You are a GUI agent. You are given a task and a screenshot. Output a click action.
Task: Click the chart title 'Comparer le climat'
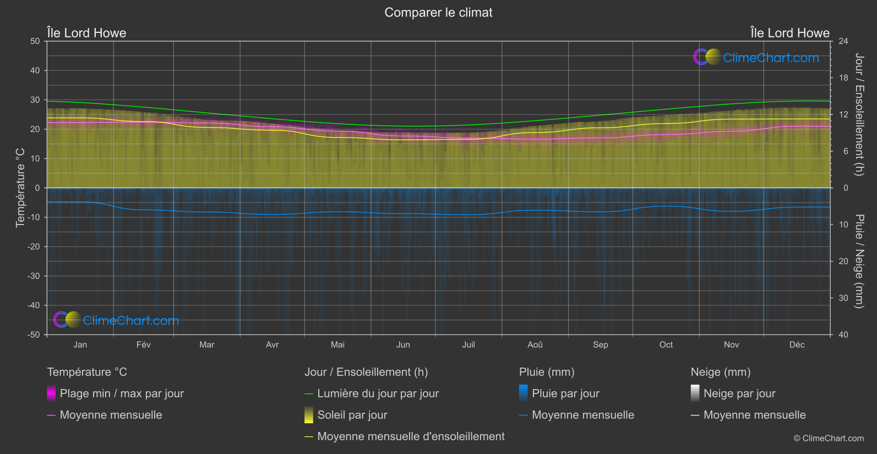(438, 13)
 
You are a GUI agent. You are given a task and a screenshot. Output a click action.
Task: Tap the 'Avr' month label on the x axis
(272, 345)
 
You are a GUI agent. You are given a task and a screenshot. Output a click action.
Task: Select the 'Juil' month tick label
(469, 345)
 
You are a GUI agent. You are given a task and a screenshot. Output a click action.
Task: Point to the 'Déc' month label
(797, 345)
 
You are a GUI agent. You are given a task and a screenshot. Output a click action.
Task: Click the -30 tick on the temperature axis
(34, 276)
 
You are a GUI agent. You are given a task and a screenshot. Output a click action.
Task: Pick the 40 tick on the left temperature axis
(35, 70)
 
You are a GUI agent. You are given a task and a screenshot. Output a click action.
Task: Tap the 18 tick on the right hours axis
(843, 78)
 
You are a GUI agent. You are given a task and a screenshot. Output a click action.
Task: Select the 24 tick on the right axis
(843, 41)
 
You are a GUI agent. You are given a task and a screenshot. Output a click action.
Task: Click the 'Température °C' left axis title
(20, 188)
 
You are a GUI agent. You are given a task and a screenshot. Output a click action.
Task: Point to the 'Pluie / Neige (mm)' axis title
(859, 261)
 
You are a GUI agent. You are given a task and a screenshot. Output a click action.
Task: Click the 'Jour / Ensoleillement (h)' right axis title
(859, 114)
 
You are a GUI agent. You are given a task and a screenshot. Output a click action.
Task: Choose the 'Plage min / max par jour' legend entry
(122, 393)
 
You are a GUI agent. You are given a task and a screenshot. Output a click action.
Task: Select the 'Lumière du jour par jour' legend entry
(378, 393)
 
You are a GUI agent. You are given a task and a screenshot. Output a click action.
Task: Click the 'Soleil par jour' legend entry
(352, 415)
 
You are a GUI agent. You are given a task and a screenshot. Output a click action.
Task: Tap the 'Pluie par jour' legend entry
(565, 393)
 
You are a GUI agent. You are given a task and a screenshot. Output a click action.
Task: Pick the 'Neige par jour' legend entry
(739, 393)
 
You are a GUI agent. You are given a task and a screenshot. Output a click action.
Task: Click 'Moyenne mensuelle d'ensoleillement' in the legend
(411, 436)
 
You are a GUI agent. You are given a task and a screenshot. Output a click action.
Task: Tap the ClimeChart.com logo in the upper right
(756, 57)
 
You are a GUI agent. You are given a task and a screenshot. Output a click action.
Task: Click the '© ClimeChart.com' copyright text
(829, 439)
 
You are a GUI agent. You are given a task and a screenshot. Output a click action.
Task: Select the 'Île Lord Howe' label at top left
(86, 33)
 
